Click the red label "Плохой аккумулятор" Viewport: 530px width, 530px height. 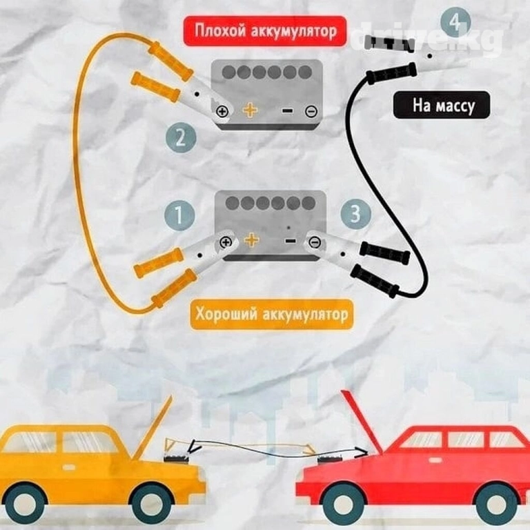[265, 31]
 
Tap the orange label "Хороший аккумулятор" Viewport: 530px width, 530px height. [271, 315]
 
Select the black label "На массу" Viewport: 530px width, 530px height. [442, 105]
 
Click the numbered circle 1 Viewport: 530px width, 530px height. [179, 215]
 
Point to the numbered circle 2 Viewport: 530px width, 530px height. [181, 137]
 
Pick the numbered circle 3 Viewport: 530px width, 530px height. [355, 215]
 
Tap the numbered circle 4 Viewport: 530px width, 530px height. [455, 22]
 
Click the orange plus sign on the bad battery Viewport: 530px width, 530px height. [250, 110]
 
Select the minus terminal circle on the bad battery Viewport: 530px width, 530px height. [311, 111]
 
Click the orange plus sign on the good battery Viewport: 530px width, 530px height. [252, 240]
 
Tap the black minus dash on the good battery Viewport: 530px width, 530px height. [291, 241]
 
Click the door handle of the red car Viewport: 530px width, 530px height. [436, 460]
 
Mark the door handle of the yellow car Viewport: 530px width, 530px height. [68, 467]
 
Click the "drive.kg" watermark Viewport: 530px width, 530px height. [426, 38]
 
